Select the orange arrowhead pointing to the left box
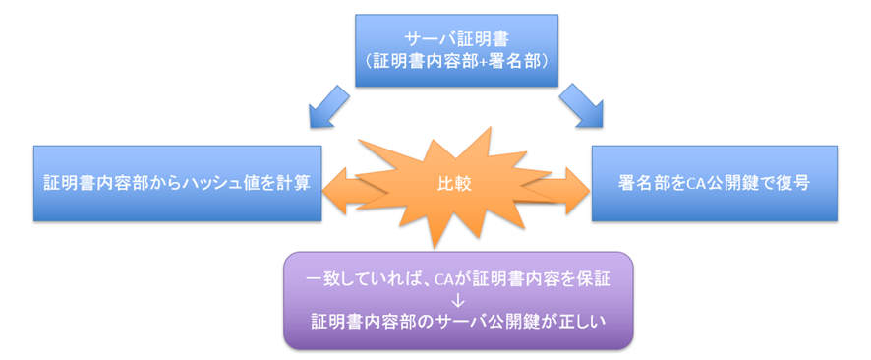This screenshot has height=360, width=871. click(x=335, y=184)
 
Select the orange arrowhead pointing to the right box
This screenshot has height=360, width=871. click(x=579, y=184)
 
